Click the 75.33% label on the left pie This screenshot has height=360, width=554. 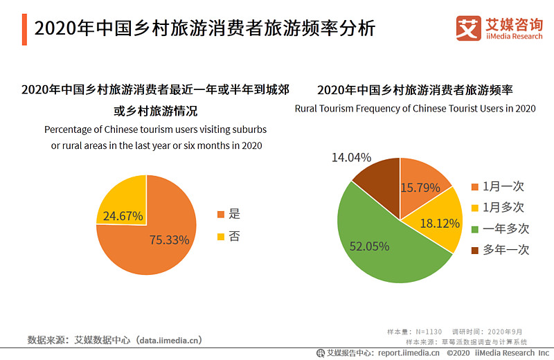(170, 240)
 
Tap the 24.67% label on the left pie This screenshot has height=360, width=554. (123, 215)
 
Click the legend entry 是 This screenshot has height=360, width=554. (229, 214)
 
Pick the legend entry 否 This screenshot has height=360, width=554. (229, 236)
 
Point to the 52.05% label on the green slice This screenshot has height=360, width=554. (369, 246)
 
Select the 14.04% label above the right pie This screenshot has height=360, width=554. (351, 157)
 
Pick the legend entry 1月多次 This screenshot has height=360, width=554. (498, 207)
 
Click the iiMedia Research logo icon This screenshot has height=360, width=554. (469, 28)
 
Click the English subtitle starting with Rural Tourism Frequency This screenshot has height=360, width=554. (415, 109)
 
